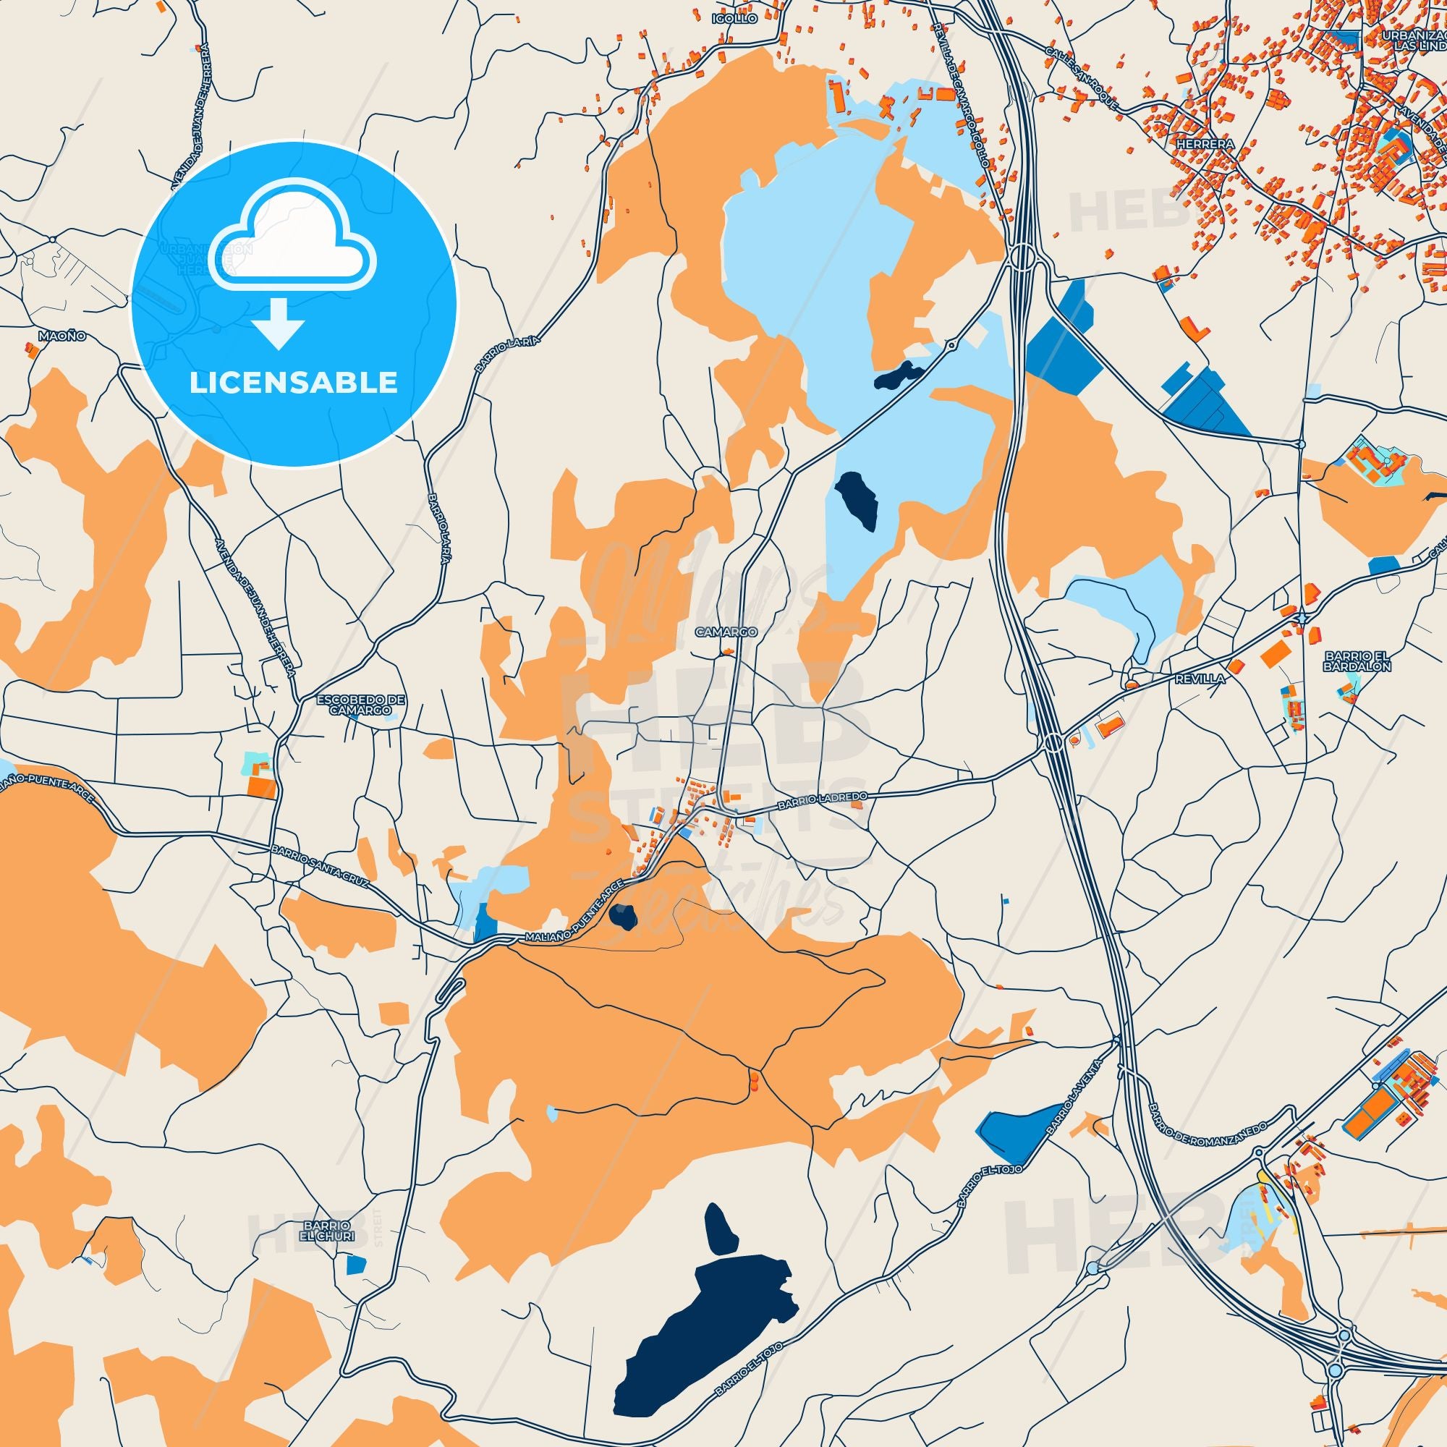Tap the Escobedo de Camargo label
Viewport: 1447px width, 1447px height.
click(x=361, y=705)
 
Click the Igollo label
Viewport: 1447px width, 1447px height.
click(x=735, y=18)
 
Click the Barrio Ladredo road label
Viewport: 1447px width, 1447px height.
click(x=822, y=801)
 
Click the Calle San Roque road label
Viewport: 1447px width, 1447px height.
click(x=1083, y=79)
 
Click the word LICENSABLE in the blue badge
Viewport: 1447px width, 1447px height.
click(x=294, y=383)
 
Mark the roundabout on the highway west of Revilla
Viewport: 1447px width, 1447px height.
click(x=1053, y=743)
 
